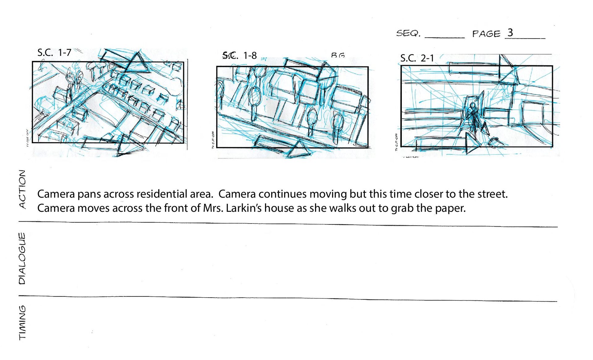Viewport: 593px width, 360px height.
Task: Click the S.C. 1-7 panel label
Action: point(54,52)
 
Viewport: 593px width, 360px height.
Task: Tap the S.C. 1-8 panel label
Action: point(240,55)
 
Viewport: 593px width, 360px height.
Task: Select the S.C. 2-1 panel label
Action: point(417,58)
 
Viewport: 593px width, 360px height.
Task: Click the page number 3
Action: point(510,33)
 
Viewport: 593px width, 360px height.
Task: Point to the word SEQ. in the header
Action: point(408,33)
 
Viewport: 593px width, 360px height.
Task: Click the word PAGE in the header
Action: point(486,34)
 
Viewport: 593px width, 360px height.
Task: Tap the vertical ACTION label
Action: point(22,189)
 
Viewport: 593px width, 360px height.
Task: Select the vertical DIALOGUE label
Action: point(22,258)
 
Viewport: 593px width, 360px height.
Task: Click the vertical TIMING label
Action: point(22,323)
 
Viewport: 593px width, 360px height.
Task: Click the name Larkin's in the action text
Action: point(244,208)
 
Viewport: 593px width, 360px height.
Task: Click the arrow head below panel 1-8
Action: point(298,150)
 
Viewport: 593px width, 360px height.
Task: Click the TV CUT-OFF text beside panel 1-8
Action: point(213,140)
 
